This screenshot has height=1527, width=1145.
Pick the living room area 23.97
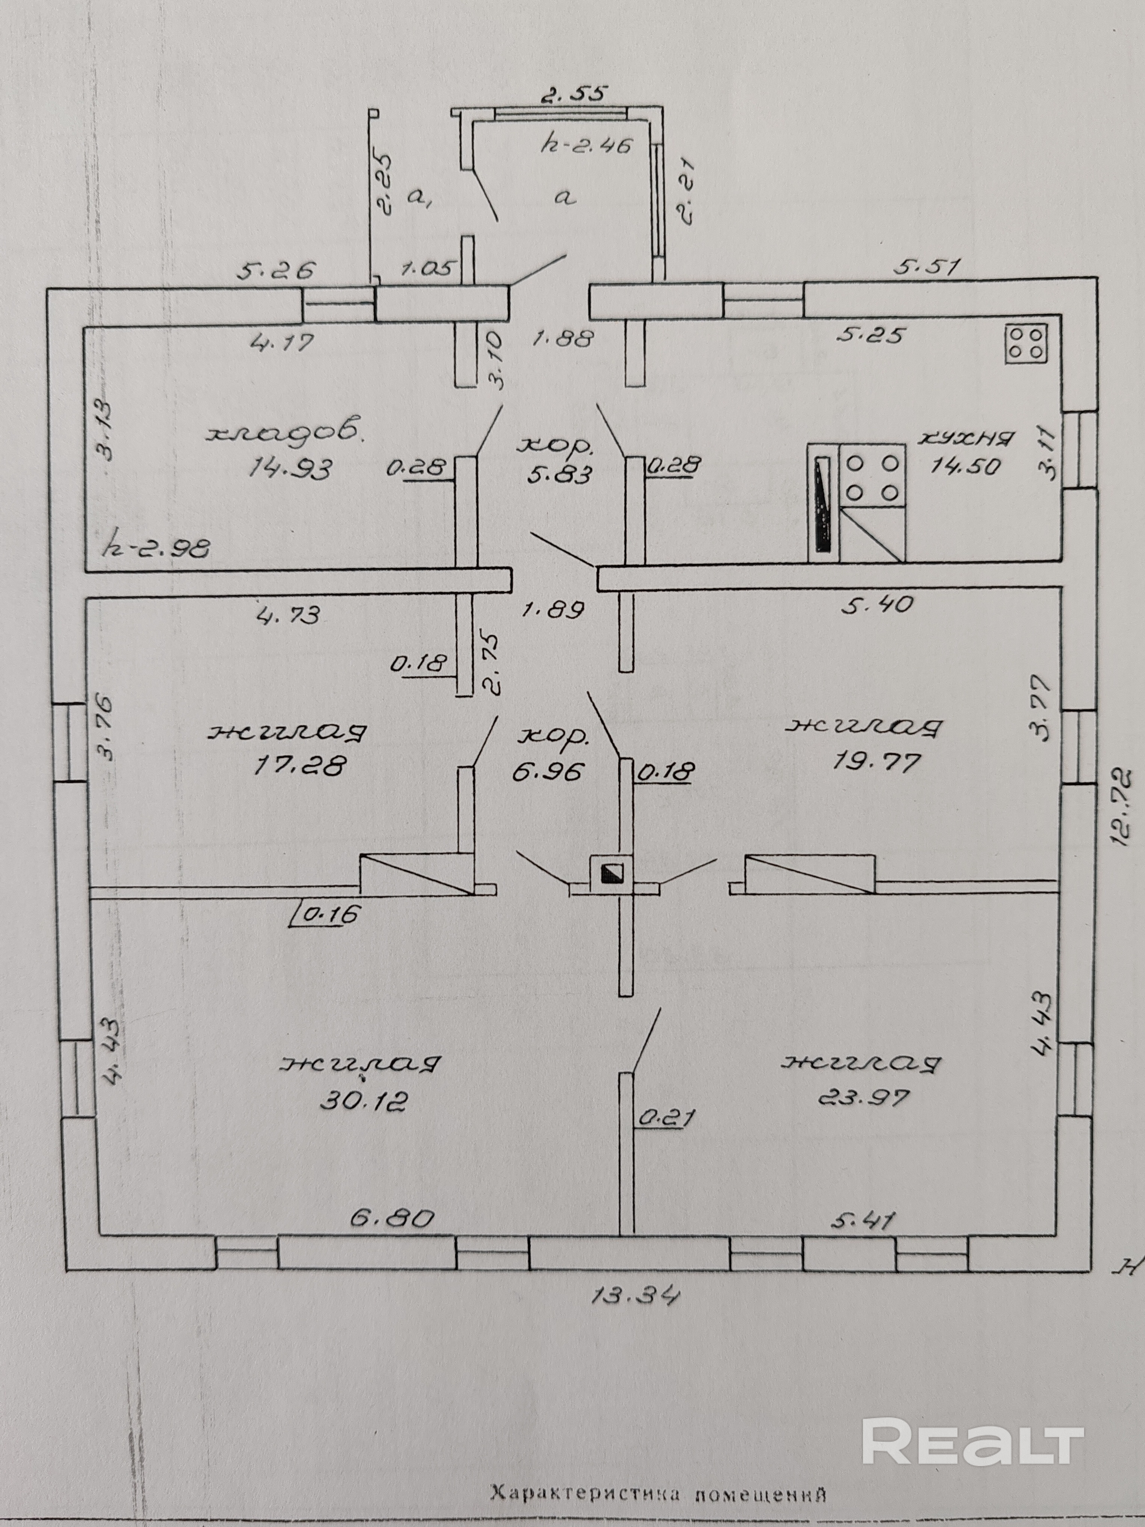point(862,1097)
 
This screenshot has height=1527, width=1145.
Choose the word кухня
point(966,438)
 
